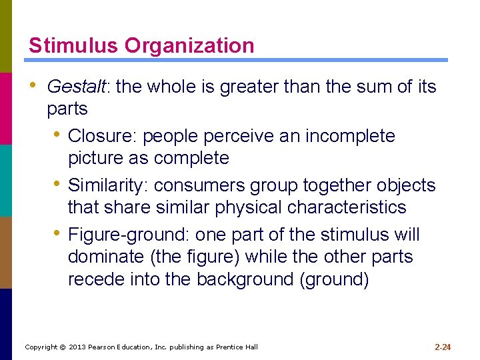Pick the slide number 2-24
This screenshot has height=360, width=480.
tap(443, 347)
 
